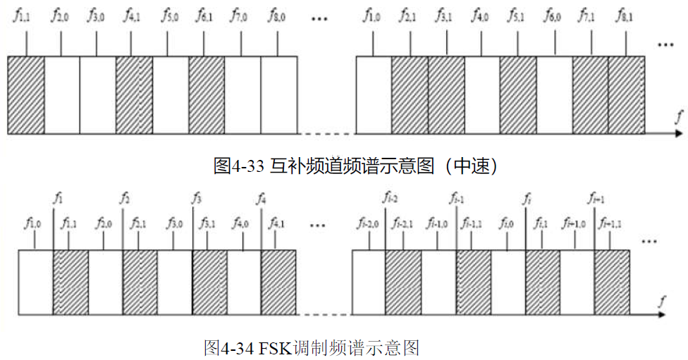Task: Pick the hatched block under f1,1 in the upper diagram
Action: click(26, 94)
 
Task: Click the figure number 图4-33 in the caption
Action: click(238, 166)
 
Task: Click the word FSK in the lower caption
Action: click(276, 347)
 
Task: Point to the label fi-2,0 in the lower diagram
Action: click(367, 225)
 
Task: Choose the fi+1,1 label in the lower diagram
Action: click(610, 225)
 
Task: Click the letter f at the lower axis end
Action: click(662, 301)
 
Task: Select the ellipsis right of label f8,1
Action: click(665, 44)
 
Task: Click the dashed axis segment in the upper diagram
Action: click(325, 132)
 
